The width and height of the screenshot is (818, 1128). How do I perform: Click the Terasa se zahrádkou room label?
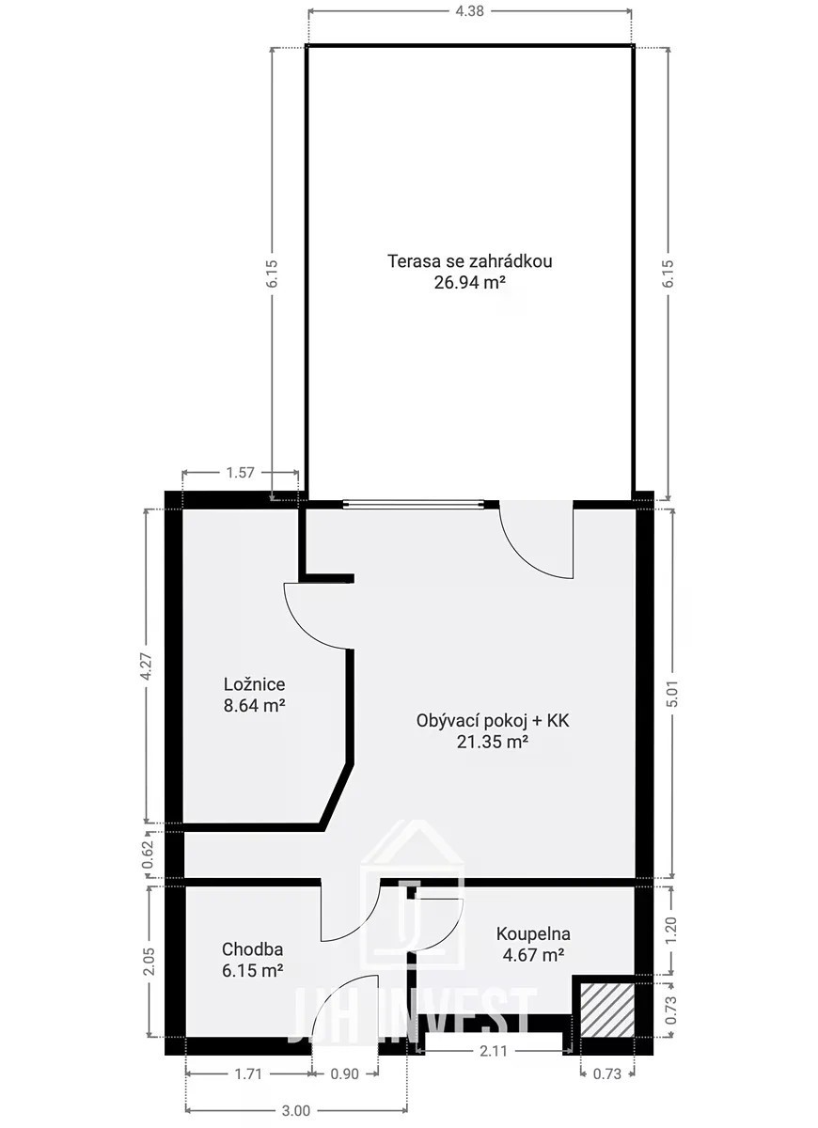click(x=469, y=261)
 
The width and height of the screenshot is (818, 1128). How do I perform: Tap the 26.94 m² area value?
click(x=469, y=283)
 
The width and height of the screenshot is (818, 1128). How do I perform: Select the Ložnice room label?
click(x=255, y=684)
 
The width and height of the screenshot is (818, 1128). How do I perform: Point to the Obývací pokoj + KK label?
click(x=493, y=721)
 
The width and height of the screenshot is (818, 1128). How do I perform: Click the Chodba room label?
click(x=252, y=949)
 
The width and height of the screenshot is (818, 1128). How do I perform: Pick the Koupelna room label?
click(x=533, y=933)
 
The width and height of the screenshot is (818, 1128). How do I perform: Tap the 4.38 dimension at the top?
click(x=469, y=11)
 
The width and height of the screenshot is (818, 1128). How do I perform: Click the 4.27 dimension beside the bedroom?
click(x=146, y=667)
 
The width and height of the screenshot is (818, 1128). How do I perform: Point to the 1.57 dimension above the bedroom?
click(x=241, y=472)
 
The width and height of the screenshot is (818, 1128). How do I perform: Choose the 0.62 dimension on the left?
click(x=147, y=855)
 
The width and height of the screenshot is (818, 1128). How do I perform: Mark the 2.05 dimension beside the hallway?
click(x=149, y=961)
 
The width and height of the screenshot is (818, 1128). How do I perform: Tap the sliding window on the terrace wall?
click(x=413, y=504)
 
